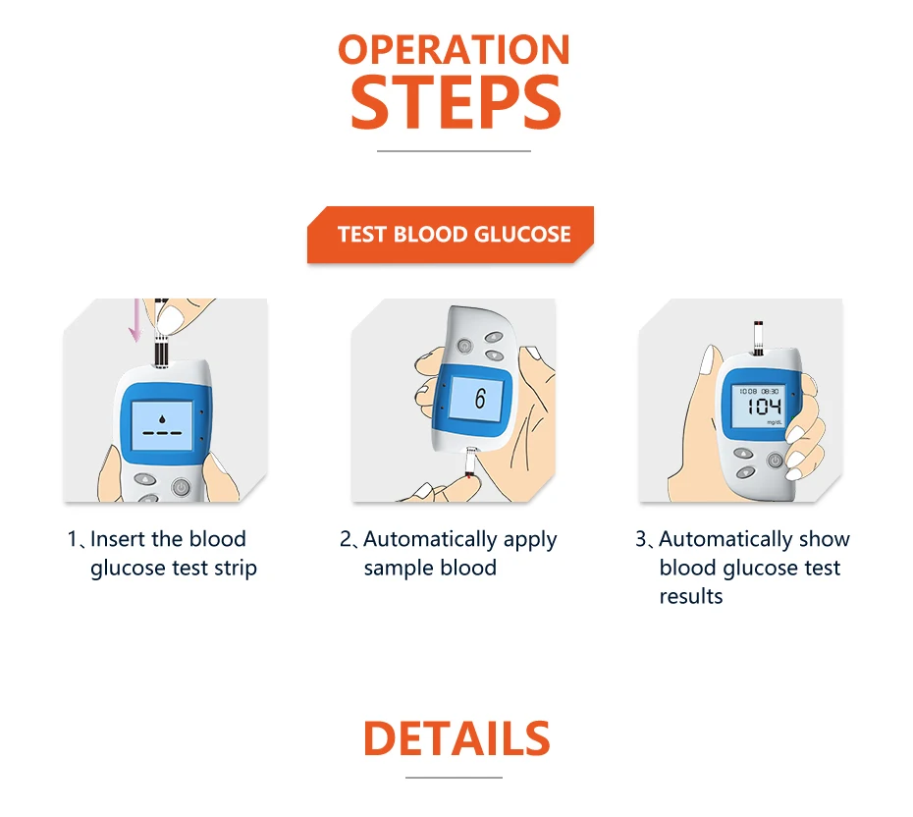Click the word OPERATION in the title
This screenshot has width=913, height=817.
coord(454,50)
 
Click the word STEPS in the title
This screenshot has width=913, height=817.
coord(456,103)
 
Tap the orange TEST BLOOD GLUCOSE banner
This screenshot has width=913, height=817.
coord(451,234)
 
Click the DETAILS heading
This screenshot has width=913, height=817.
coord(456,737)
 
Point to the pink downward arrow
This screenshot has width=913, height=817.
coord(135,320)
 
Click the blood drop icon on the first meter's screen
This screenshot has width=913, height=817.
coord(162,418)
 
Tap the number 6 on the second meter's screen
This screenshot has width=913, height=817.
coord(480,399)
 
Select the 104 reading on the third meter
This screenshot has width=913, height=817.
coord(764,406)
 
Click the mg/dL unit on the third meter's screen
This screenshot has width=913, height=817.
coord(775,421)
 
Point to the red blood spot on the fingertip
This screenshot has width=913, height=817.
coord(468,477)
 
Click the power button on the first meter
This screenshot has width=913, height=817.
coord(181,487)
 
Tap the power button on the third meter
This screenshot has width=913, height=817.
coord(775,461)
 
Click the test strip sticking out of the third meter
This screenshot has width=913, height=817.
coord(758,337)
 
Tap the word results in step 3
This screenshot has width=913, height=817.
coord(690,596)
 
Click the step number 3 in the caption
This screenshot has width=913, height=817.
coord(640,539)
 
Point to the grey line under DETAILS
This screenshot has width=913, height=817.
coord(454,778)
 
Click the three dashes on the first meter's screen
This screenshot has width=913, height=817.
coord(162,433)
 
